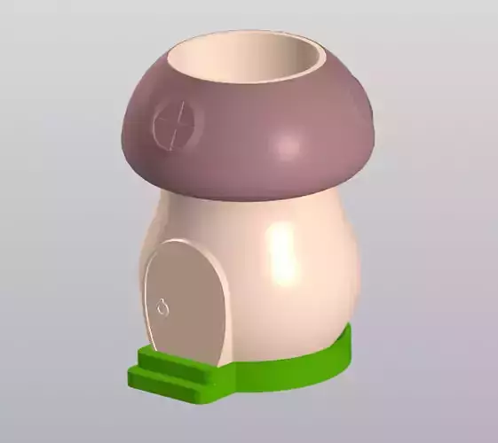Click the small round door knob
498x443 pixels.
click(163, 307)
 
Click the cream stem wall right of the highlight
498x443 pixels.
click(333, 275)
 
